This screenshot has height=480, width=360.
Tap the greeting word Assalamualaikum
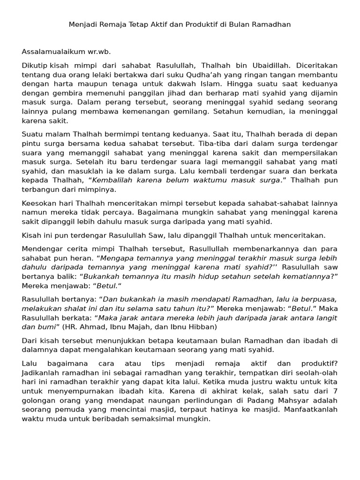pos(52,52)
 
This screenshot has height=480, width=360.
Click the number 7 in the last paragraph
pos(335,392)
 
